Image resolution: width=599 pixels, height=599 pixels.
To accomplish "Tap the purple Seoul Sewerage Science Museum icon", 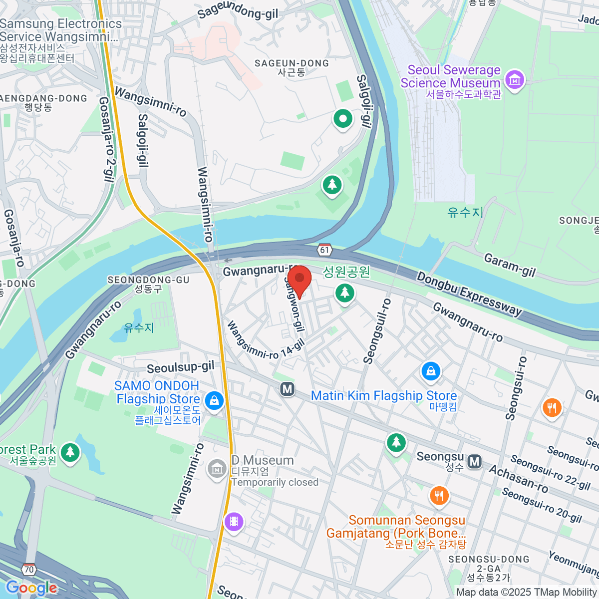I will click(515, 79).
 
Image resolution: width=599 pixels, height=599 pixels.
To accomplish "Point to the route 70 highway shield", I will click(29, 569).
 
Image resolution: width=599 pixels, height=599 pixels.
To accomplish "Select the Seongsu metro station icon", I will click(475, 462).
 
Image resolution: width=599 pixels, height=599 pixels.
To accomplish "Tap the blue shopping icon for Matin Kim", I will click(430, 371).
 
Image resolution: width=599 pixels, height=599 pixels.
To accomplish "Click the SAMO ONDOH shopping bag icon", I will click(214, 400).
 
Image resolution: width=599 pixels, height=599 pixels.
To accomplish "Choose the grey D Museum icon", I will click(217, 469).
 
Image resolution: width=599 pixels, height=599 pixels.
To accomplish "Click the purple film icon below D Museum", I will click(234, 522).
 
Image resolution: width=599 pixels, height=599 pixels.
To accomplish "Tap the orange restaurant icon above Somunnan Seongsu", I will click(439, 496).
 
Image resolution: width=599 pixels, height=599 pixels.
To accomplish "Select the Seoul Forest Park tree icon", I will click(70, 452).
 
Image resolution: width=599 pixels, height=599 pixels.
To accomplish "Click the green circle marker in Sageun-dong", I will click(343, 119).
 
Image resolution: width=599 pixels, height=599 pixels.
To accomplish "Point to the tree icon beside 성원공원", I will click(344, 293).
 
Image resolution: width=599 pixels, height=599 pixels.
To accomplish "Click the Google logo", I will click(31, 588).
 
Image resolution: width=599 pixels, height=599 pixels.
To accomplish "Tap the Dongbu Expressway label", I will click(469, 294).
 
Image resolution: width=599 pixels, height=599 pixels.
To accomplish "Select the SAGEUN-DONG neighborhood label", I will click(292, 63).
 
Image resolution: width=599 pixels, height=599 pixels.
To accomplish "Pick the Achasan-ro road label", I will click(518, 479).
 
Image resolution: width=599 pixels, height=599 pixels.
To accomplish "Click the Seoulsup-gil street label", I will click(180, 368).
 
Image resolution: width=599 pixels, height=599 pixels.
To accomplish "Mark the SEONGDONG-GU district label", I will click(148, 280).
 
